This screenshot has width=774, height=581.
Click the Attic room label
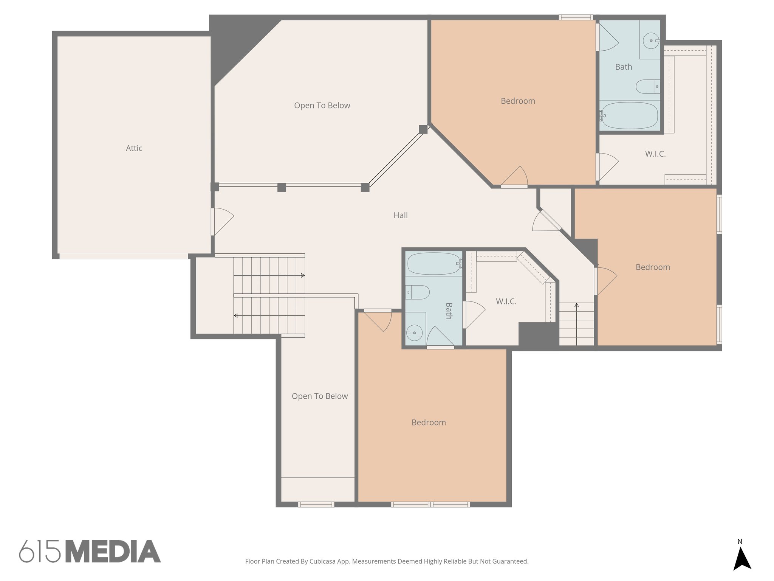pos(134,148)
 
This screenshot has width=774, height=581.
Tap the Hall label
pos(400,215)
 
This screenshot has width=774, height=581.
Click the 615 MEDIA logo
pos(90,551)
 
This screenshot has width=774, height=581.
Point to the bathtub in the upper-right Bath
pos(629,115)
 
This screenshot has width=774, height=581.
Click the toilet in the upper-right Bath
pos(647,87)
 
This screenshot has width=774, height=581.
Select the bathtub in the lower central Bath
pos(433,263)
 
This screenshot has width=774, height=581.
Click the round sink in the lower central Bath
pos(415,333)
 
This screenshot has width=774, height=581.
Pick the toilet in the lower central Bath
pos(418,292)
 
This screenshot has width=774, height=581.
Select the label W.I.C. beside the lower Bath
pos(506,301)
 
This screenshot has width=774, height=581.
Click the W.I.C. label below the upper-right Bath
pos(655,154)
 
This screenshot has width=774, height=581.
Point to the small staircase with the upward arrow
pos(576,324)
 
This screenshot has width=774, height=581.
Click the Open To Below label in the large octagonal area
pos(322,106)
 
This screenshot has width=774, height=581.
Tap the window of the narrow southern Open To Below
pos(316,504)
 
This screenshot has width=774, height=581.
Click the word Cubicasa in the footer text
pos(323,561)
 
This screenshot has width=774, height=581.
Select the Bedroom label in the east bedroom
pos(652,267)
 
